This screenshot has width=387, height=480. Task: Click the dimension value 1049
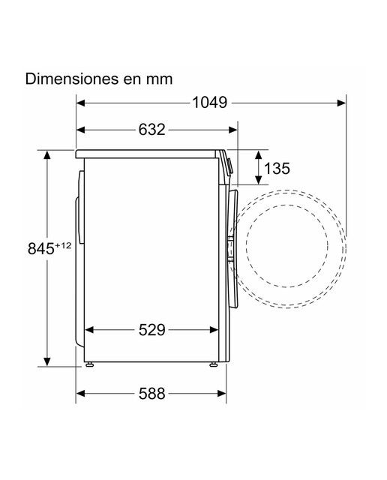[210, 103]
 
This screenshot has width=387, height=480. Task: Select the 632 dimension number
[151, 130]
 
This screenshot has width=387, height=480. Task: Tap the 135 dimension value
[277, 168]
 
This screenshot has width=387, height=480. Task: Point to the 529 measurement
[151, 330]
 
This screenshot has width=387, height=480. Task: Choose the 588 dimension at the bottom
[151, 393]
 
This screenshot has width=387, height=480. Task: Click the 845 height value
[41, 248]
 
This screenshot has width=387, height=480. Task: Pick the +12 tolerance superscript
[64, 245]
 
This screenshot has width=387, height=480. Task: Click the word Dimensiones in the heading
[72, 79]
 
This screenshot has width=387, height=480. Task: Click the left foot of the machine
[89, 364]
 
